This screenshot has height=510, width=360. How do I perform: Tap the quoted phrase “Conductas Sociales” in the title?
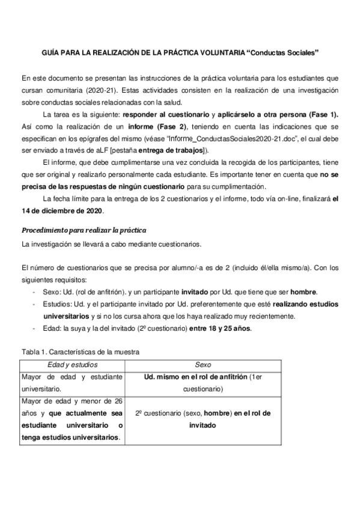[x=282, y=53]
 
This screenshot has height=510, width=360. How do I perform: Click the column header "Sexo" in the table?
[x=203, y=364]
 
